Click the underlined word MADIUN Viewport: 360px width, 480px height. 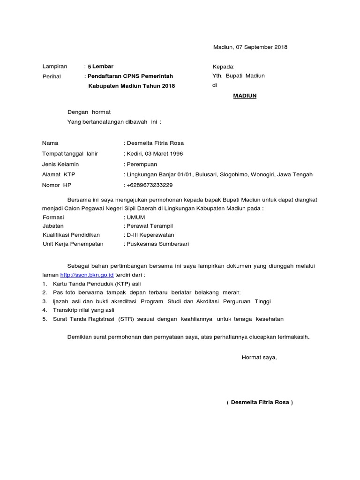245,96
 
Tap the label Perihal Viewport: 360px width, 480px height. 52,76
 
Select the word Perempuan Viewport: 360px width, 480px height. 142,164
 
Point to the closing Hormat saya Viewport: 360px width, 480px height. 259,358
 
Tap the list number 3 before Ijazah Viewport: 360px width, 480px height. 44,301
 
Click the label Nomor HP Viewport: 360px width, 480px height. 56,185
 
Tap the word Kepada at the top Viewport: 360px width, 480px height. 223,67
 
